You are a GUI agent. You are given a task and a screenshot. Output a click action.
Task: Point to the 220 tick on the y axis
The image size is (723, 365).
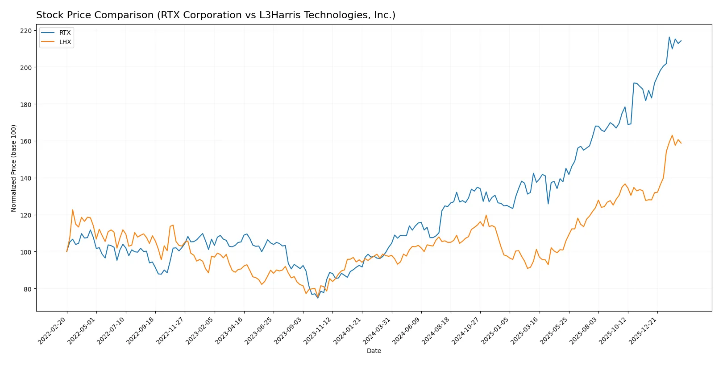pyautogui.click(x=26, y=31)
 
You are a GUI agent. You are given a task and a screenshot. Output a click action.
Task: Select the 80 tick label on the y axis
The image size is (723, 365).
pyautogui.click(x=28, y=289)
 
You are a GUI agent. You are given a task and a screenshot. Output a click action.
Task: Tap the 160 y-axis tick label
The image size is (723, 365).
pyautogui.click(x=26, y=141)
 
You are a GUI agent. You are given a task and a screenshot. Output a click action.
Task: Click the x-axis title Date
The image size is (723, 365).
pyautogui.click(x=374, y=351)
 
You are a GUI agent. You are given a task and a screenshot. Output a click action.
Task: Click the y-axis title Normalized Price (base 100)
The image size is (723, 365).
pyautogui.click(x=14, y=168)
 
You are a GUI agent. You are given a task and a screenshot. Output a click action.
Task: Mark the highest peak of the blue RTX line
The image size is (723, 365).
pyautogui.click(x=669, y=37)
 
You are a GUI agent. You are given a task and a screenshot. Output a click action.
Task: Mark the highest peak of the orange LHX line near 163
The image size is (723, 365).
pyautogui.click(x=672, y=135)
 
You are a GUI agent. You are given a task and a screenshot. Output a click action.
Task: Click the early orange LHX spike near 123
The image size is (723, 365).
pyautogui.click(x=73, y=209)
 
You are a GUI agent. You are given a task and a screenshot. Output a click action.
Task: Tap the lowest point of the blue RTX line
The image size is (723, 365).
pyautogui.click(x=318, y=298)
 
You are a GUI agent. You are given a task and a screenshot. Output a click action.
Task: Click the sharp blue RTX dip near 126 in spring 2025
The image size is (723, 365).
pyautogui.click(x=548, y=204)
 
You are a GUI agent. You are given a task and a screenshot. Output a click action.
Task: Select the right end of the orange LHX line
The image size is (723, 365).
pyautogui.click(x=681, y=143)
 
